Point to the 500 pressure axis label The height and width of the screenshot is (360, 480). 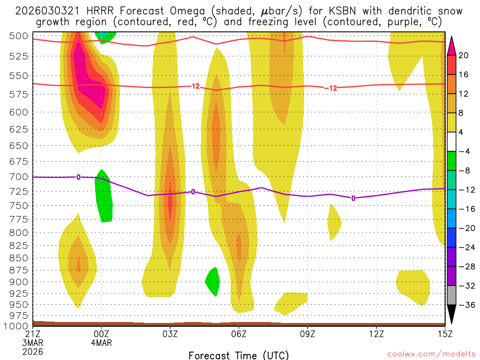coord(19,36)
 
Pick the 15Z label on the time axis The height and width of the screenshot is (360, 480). coord(445,334)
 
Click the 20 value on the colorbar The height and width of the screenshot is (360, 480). coord(464,55)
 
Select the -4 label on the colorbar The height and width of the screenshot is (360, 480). coord(464,151)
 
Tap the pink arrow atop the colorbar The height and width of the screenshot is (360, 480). coord(451,45)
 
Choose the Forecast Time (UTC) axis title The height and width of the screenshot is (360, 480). coord(239,355)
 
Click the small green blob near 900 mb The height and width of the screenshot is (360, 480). coord(213,282)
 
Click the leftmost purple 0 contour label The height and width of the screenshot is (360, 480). coord(78,177)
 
